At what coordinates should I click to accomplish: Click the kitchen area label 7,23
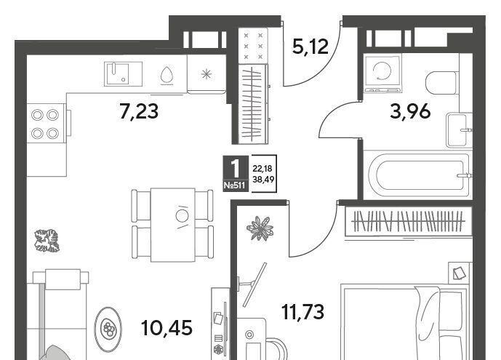139,112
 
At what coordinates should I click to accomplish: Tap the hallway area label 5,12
310,47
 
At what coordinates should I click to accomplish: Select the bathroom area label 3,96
410,111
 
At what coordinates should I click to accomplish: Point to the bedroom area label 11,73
303,311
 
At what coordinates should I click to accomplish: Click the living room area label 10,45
167,327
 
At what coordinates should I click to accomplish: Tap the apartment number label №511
235,185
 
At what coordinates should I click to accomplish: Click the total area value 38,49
263,180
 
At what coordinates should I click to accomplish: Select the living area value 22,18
262,168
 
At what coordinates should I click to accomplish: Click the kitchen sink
123,74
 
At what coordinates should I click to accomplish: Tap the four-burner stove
47,123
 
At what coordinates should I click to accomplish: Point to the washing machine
382,73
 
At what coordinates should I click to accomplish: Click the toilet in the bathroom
441,83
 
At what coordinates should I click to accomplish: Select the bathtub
417,175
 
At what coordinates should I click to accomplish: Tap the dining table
172,225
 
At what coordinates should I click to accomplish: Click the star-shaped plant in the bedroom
260,228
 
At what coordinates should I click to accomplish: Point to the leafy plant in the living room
47,241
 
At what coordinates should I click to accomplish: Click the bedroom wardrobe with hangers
409,222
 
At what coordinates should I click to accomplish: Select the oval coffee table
108,329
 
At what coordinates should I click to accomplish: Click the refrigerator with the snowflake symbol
207,74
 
